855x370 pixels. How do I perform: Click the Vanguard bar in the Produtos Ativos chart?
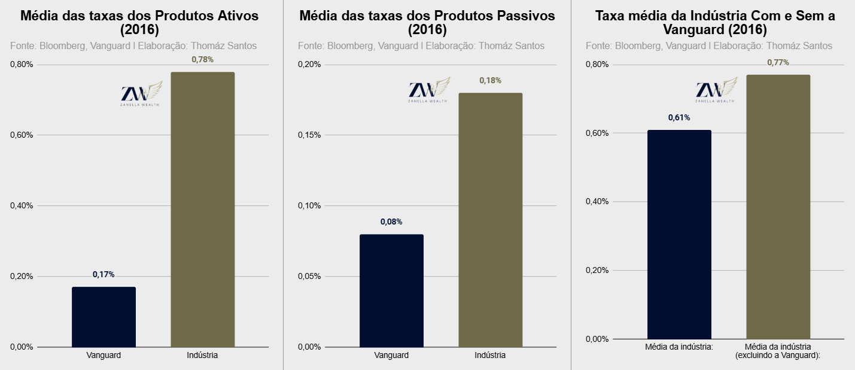(x=104, y=317)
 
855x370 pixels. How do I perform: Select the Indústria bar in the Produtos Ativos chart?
(x=203, y=210)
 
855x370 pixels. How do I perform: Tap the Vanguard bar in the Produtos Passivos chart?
(x=392, y=290)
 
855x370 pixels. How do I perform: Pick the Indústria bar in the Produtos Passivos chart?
(x=491, y=220)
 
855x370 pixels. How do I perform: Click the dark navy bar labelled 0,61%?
(x=680, y=235)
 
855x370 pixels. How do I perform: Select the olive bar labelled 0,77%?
(x=778, y=207)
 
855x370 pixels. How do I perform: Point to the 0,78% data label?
(x=203, y=59)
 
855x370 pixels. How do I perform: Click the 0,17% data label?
(x=104, y=275)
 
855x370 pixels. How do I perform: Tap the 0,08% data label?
(x=391, y=222)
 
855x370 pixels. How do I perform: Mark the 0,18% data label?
(x=491, y=81)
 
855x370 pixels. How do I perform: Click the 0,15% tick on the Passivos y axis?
(x=309, y=135)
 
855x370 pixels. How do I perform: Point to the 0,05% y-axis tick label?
(x=309, y=277)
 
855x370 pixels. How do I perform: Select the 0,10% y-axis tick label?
(x=309, y=206)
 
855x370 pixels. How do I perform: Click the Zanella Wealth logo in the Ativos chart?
(x=141, y=93)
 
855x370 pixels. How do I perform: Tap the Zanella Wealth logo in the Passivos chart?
(x=429, y=90)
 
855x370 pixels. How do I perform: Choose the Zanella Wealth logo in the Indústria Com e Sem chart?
(x=716, y=90)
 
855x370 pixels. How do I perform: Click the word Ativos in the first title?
(x=238, y=16)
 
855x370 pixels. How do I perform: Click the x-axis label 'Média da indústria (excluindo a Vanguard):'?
(x=778, y=351)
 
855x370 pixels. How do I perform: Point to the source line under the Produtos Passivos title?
(x=421, y=46)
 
